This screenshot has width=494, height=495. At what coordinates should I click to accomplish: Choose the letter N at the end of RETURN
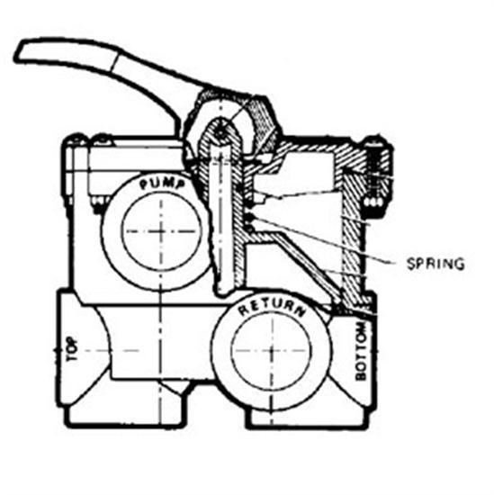click(301, 317)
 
